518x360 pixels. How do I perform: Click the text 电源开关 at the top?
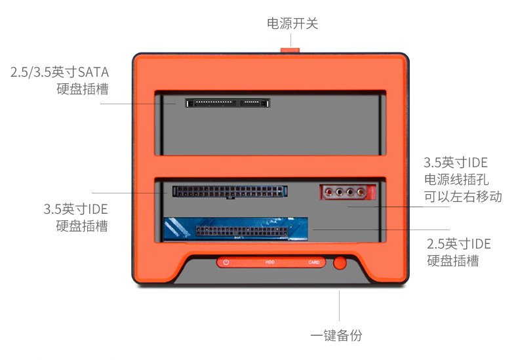[x=292, y=24]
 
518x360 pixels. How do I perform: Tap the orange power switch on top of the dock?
[x=290, y=49]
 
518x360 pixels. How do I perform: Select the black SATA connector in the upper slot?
[x=228, y=103]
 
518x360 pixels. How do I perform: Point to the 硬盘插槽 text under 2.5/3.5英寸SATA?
[x=83, y=88]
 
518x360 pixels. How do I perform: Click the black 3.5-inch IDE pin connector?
[x=229, y=191]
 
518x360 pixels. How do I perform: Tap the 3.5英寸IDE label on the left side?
[x=75, y=210]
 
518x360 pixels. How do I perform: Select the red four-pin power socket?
[x=348, y=193]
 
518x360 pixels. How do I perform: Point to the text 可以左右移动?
[x=463, y=196]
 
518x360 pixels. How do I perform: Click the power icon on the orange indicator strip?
[x=226, y=262]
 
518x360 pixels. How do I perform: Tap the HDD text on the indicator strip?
[x=269, y=262]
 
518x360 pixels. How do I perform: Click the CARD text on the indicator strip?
[x=313, y=262]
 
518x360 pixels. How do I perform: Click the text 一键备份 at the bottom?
[x=336, y=336]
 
